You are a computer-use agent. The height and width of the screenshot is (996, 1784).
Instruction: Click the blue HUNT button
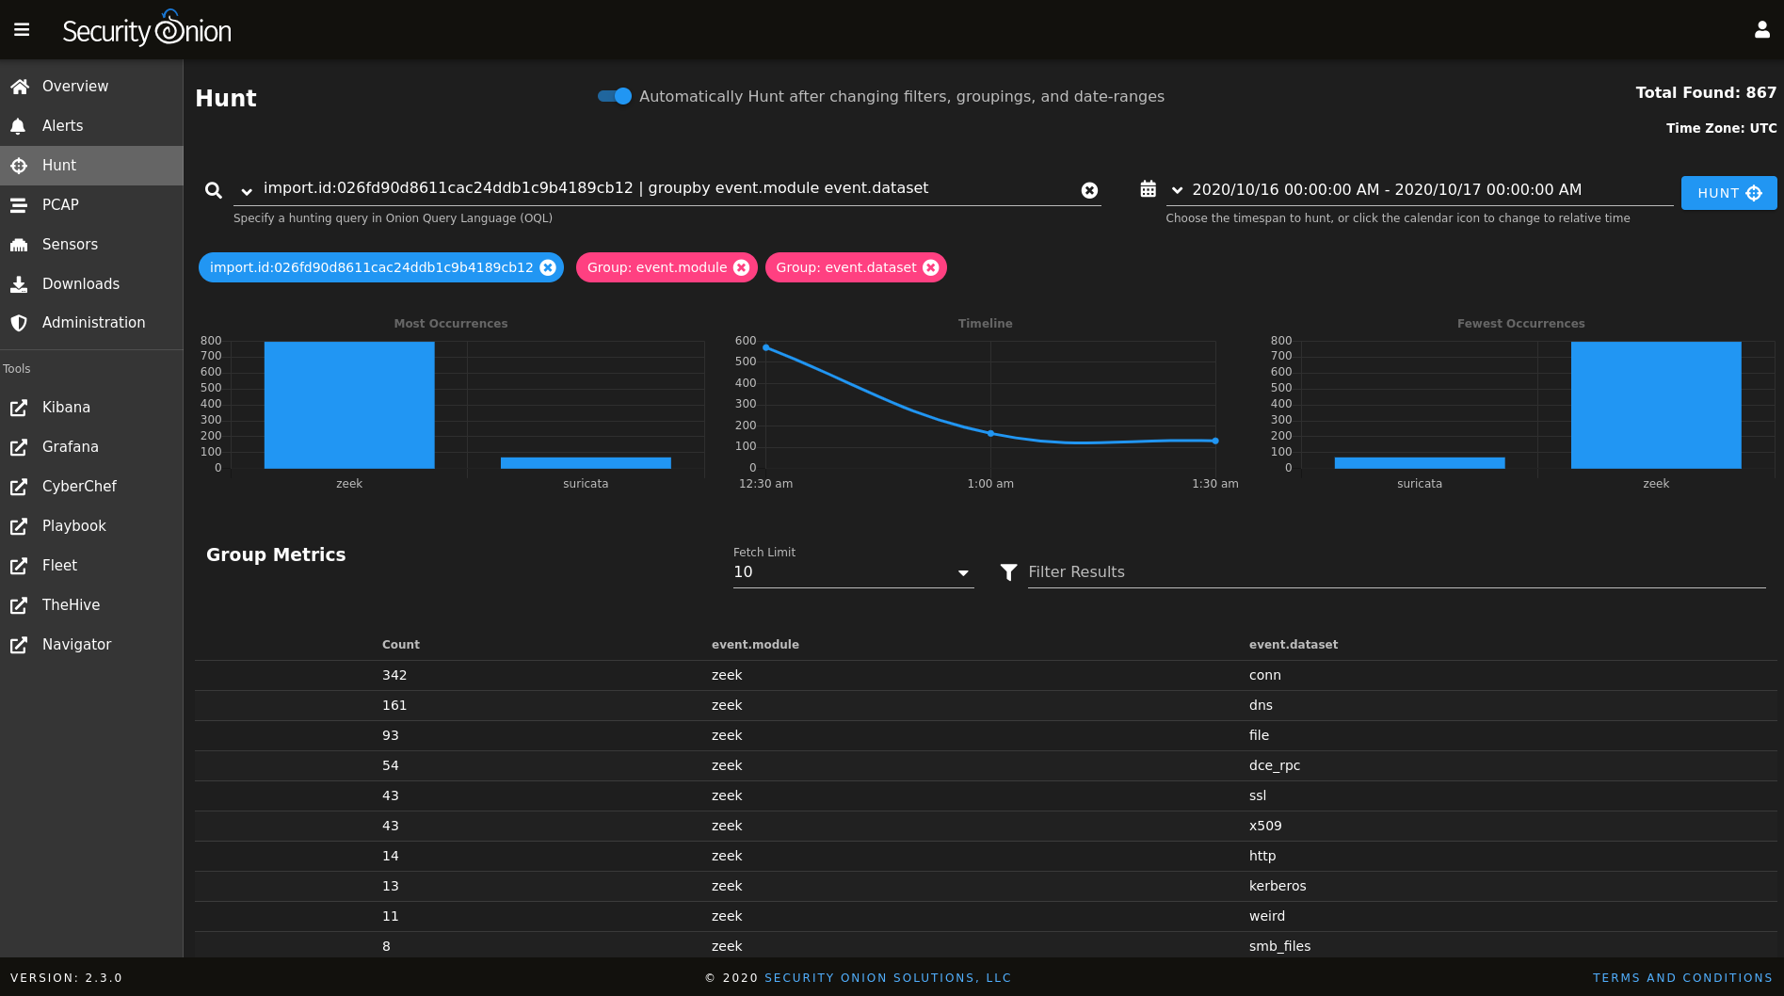(x=1728, y=193)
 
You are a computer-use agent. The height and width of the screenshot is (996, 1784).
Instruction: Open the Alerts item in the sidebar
(x=62, y=126)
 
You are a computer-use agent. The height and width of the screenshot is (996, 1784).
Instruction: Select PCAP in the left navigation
(x=60, y=205)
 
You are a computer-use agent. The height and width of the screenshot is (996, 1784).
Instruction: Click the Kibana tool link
(x=66, y=408)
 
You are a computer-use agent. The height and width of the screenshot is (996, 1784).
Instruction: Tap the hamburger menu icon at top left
(x=22, y=30)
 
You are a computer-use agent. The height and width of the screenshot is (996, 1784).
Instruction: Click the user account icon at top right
(x=1761, y=30)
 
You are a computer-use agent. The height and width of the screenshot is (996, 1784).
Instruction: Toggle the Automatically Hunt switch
(x=615, y=96)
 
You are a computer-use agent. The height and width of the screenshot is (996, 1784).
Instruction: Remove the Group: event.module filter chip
(x=741, y=267)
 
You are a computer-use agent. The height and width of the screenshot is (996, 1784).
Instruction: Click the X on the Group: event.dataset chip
(x=930, y=267)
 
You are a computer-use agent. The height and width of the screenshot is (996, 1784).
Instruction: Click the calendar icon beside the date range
(x=1148, y=189)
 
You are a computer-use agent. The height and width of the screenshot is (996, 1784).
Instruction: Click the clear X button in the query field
(x=1089, y=190)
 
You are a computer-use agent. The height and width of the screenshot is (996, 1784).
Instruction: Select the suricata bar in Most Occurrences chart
(x=586, y=462)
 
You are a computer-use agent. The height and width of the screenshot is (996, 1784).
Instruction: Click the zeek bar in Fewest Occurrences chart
(x=1655, y=405)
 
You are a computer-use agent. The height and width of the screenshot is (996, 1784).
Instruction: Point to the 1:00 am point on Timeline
(x=990, y=433)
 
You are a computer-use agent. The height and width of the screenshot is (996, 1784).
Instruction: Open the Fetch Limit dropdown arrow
(x=963, y=572)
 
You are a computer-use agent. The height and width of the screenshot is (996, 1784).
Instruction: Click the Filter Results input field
(x=1393, y=572)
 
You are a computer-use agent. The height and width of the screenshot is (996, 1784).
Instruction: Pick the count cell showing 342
(x=394, y=675)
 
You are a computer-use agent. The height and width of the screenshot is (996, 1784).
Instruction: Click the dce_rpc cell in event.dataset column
(x=1274, y=765)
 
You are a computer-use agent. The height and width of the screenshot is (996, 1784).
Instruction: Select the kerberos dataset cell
(x=1277, y=886)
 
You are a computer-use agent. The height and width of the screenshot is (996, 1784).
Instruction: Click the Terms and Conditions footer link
(x=1681, y=978)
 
